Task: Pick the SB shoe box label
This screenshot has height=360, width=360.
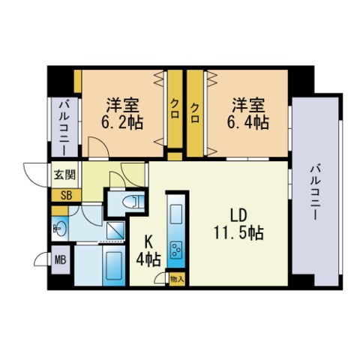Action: point(63,193)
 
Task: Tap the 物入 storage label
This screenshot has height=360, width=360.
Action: point(177,279)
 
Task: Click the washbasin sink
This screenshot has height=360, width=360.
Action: point(60,227)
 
